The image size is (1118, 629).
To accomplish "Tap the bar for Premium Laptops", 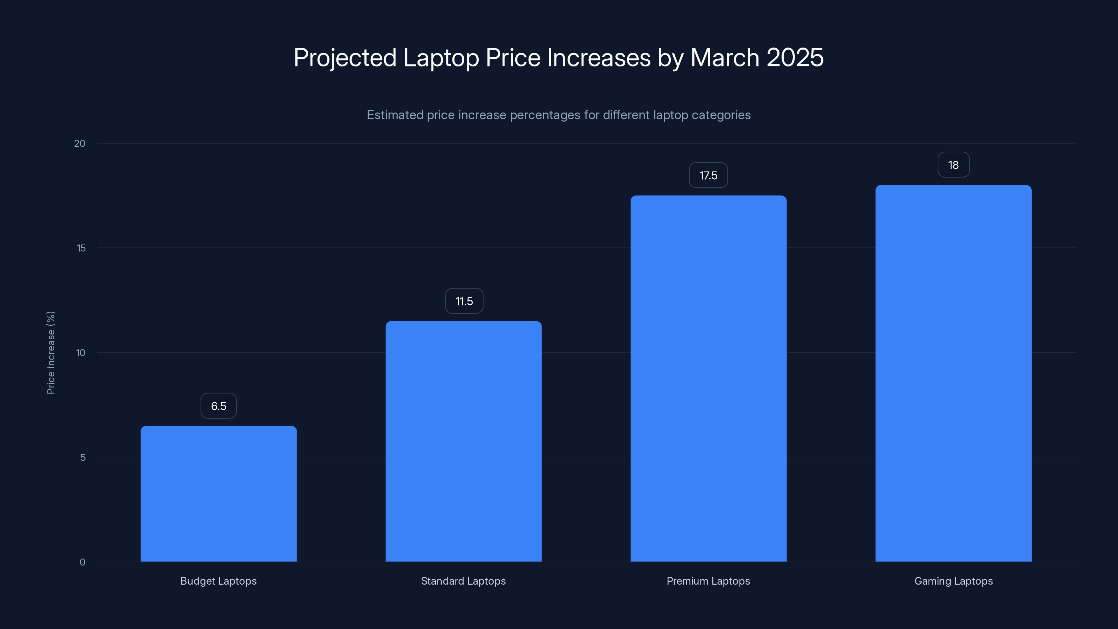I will point(708,378).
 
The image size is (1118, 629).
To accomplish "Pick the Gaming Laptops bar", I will point(953,373).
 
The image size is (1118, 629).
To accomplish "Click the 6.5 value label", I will point(218,406).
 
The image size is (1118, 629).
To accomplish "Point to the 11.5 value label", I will point(464,301).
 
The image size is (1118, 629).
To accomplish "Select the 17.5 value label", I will point(708,175).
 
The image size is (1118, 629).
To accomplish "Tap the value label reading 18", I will point(953,165).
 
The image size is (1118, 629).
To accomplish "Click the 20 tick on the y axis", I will point(80,144).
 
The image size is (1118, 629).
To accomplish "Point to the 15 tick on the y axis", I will point(81,248).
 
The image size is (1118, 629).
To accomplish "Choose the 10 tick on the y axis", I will point(81,353).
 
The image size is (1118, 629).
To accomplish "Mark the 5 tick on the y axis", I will point(83,457).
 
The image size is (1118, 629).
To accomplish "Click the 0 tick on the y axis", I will point(82,562).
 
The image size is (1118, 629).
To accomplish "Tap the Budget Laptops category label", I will point(218,581).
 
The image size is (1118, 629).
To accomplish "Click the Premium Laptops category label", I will point(708,581).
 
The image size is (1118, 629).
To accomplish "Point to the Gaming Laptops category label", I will point(953,581).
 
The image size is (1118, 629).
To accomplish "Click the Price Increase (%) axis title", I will point(51,353).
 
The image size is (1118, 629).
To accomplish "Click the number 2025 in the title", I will point(795,58).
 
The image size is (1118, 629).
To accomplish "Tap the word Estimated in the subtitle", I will point(394,115).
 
